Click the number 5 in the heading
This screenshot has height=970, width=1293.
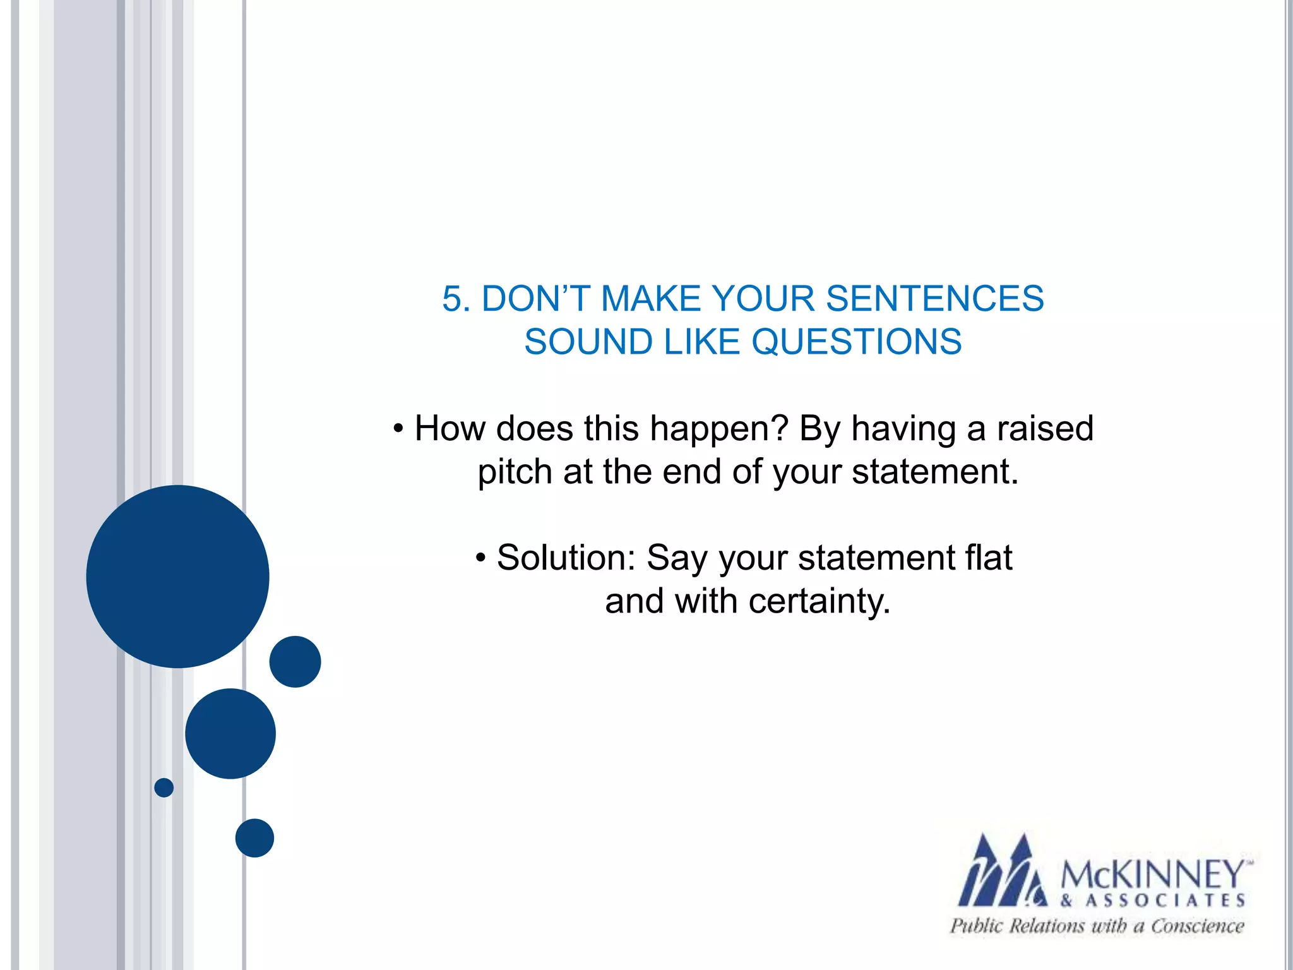[452, 299]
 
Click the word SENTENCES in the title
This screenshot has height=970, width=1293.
[934, 299]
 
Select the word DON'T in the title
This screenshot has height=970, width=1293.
[535, 299]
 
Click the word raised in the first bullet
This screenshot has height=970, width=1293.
[1045, 428]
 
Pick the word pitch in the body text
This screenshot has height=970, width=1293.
[515, 472]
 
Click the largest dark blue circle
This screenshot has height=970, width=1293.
[177, 576]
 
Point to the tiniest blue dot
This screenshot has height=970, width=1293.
[164, 787]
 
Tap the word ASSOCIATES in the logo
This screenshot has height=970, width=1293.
[1165, 901]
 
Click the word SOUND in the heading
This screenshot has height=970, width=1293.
[588, 342]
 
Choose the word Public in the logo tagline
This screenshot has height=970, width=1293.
[976, 926]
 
